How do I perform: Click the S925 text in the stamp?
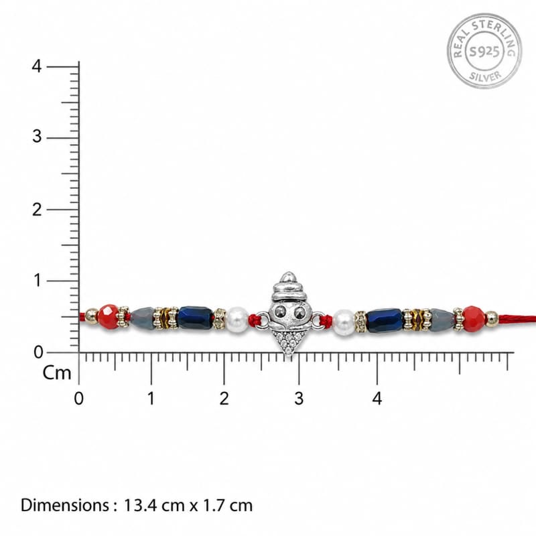tap(484, 52)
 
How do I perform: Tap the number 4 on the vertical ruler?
tap(37, 66)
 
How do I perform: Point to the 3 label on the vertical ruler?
tap(37, 137)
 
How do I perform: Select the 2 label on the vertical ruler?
tap(37, 209)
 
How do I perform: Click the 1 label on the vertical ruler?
tap(38, 281)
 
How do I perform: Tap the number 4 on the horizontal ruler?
tap(377, 399)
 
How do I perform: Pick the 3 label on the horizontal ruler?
tap(299, 399)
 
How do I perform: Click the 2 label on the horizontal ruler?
tap(224, 399)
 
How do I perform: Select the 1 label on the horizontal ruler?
tap(151, 399)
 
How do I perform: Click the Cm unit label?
tap(57, 373)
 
